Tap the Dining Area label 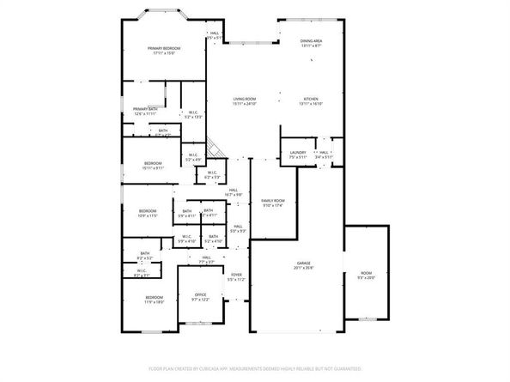pos(311,41)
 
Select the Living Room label pos(245,99)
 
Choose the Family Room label pos(273,200)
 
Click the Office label pos(200,294)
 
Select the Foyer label pos(236,275)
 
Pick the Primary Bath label pos(145,109)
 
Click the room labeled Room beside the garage pos(367,273)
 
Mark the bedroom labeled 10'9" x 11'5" pos(148,215)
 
